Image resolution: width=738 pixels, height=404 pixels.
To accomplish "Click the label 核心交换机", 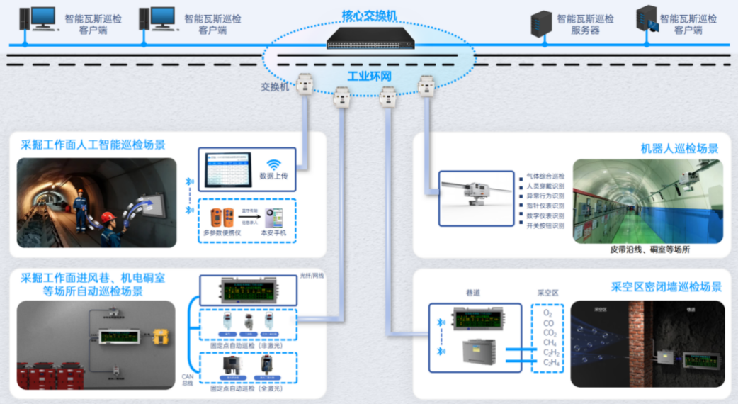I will click(370, 14).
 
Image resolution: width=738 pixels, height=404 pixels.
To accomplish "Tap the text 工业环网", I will click(370, 76).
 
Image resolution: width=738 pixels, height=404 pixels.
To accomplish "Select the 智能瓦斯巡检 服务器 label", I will click(585, 25).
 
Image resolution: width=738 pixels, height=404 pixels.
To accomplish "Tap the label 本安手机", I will click(273, 233).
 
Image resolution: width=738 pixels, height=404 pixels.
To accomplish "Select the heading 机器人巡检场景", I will click(679, 149).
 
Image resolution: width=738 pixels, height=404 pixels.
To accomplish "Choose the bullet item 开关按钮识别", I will click(545, 226).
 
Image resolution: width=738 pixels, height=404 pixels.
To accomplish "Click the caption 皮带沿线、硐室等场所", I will click(649, 249).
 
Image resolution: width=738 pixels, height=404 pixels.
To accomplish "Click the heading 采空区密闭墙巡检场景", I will click(666, 287).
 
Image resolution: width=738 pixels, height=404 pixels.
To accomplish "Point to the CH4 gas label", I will click(548, 342).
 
